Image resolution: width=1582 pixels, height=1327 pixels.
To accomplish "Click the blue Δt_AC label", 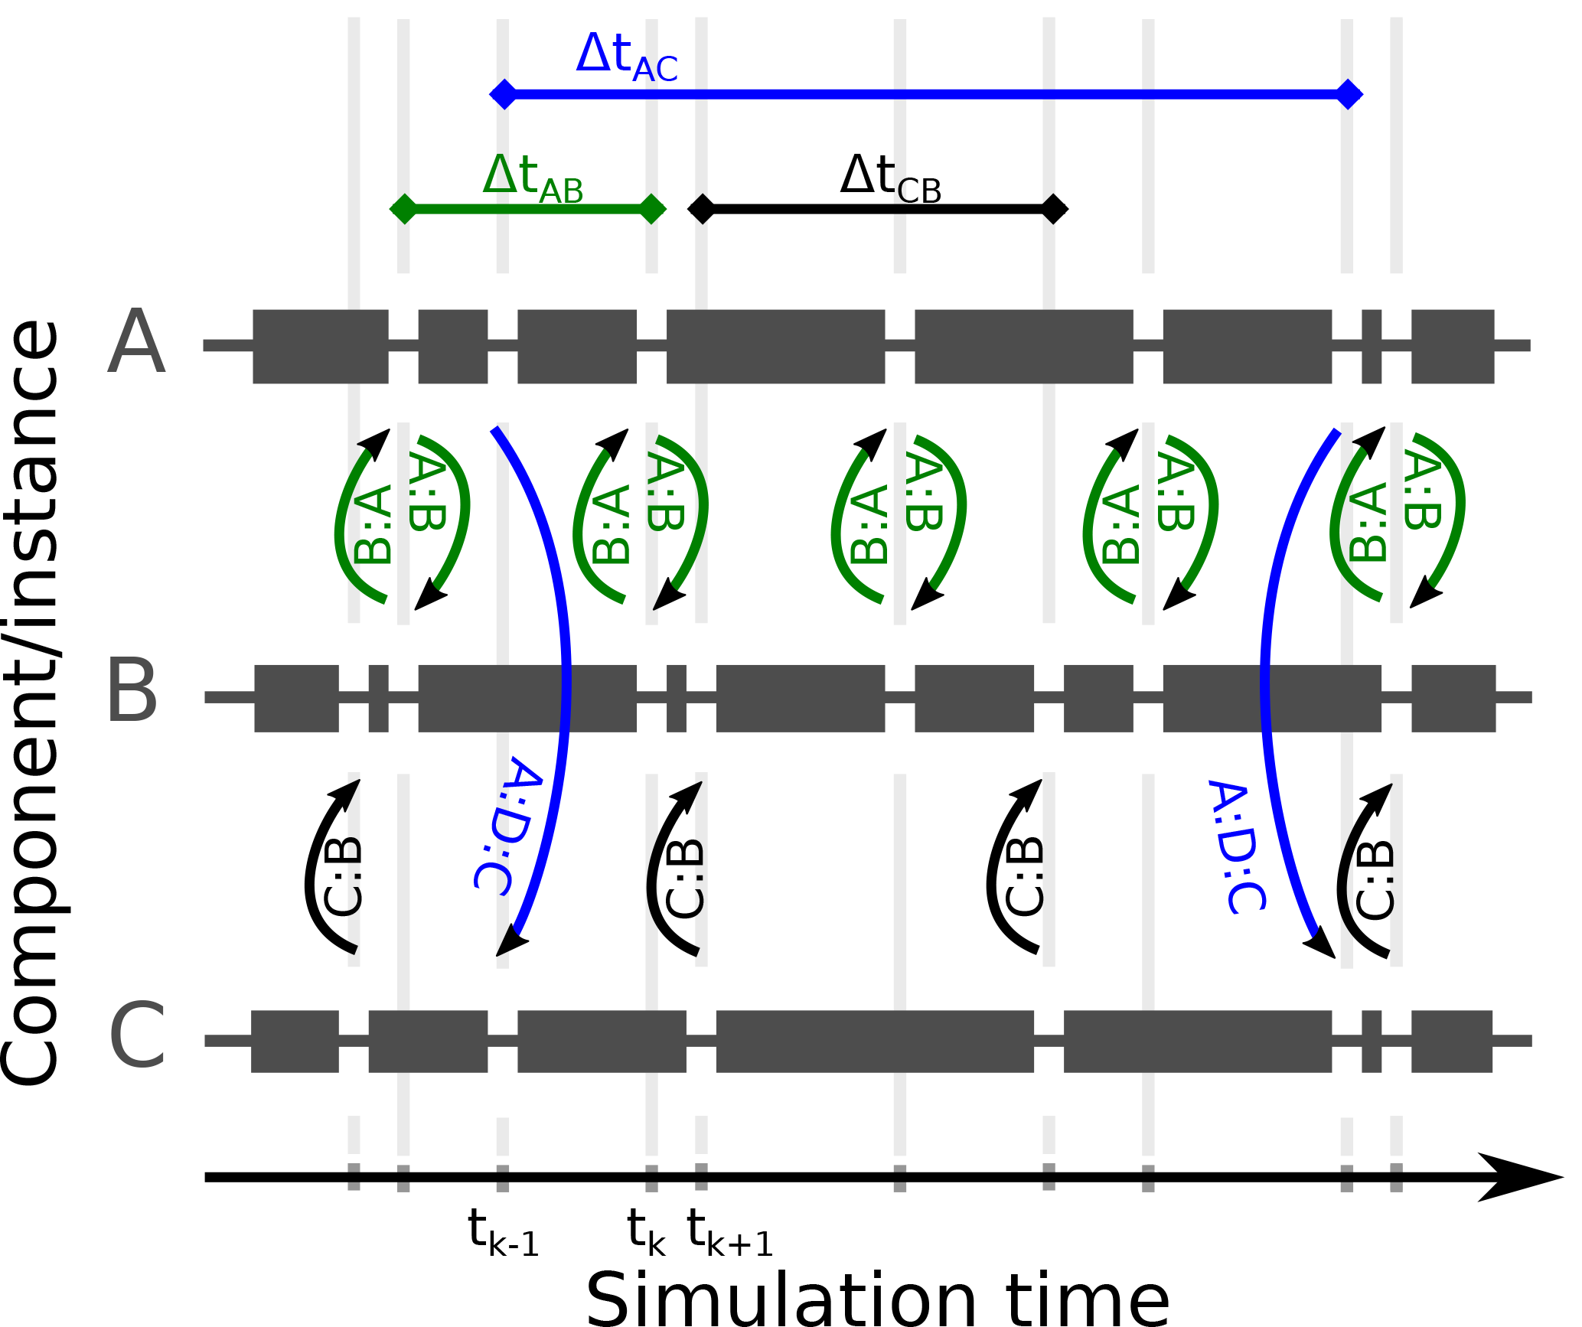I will (x=626, y=58).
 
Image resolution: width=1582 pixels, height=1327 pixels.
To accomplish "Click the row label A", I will (x=136, y=343).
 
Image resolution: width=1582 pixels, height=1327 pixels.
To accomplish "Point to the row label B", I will (x=132, y=693).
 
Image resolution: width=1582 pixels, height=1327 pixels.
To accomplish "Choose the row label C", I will (x=138, y=1038).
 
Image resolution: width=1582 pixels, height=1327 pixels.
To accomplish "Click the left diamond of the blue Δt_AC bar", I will (x=504, y=94).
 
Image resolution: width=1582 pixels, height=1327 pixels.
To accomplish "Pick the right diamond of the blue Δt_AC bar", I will (x=1349, y=94).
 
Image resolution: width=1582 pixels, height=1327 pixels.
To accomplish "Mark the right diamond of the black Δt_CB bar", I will (x=1054, y=208).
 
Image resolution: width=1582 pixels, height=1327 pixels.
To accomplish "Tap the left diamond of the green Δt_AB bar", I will (x=403, y=208).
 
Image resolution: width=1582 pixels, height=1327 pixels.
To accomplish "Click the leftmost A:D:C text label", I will (x=508, y=827).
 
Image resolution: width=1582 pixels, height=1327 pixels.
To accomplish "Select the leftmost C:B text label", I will (x=342, y=875).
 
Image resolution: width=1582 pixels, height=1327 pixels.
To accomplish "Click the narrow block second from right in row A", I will (x=1372, y=346).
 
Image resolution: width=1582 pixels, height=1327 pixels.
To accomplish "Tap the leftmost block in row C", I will (x=295, y=1041).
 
